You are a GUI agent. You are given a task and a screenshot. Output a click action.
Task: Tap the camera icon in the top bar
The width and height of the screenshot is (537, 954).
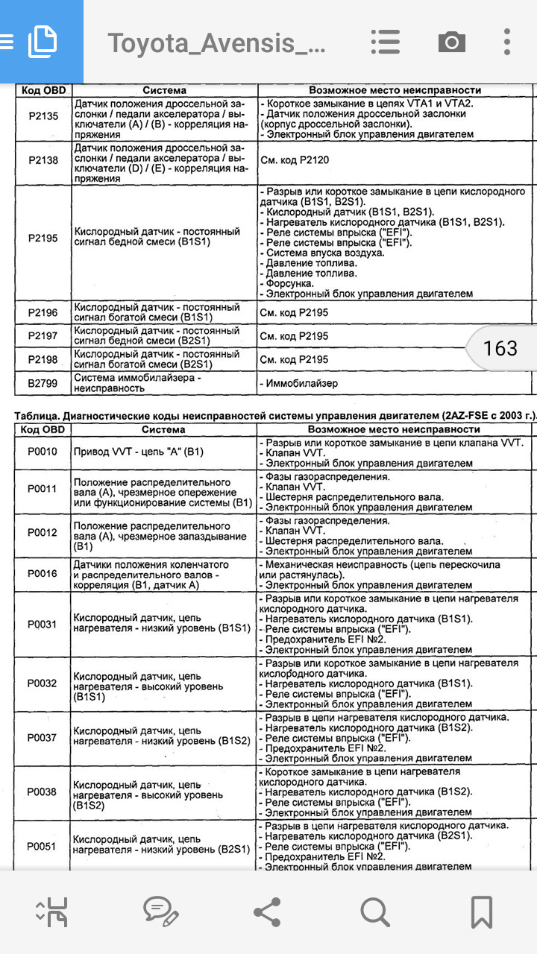(451, 42)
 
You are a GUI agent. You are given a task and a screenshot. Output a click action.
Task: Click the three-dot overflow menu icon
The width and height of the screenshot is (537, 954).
(506, 42)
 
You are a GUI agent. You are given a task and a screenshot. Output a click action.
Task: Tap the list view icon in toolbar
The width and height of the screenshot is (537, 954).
(386, 42)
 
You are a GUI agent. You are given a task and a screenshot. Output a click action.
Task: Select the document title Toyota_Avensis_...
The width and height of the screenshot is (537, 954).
(217, 43)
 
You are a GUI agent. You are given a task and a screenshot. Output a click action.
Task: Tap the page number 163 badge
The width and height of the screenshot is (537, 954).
(500, 348)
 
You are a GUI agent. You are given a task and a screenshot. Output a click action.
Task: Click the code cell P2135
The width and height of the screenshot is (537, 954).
(43, 116)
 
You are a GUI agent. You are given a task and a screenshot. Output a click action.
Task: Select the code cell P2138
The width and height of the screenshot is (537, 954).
(43, 159)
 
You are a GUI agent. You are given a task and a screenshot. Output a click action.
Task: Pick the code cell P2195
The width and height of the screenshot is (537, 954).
(43, 238)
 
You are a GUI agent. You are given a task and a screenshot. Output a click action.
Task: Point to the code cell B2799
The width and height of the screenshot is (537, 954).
(43, 383)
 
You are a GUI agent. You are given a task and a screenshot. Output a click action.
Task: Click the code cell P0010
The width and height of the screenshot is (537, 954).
(43, 452)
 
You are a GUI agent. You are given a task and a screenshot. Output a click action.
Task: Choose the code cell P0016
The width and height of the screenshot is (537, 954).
(43, 573)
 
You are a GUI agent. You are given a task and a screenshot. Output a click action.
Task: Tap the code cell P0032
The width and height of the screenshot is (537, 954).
(43, 683)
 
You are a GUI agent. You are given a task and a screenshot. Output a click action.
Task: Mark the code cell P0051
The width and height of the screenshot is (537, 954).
(43, 846)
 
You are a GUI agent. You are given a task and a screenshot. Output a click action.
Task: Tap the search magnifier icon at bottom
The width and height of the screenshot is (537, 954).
(374, 911)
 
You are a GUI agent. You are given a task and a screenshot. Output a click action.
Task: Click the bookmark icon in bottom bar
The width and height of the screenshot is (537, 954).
(481, 911)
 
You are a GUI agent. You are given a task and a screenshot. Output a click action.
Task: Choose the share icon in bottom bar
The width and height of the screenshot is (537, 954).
(267, 911)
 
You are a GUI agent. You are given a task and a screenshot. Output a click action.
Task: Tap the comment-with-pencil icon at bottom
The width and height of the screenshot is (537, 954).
(160, 911)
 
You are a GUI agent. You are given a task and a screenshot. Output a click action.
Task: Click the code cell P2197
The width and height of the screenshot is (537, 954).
(43, 336)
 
